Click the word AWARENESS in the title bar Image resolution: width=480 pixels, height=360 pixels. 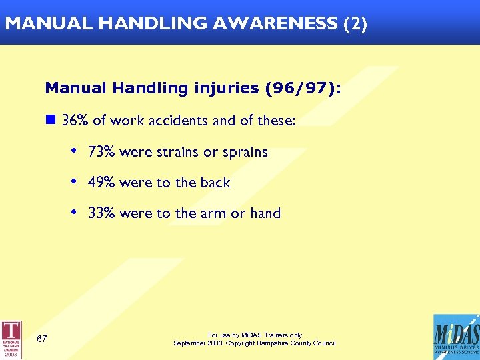(x=275, y=23)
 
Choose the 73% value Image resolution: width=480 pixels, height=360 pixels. (x=102, y=152)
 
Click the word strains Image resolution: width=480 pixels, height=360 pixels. (x=177, y=152)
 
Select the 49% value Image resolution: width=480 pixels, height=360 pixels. (x=102, y=183)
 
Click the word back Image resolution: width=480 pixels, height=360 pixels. (x=215, y=183)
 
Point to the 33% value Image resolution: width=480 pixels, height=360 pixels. (x=102, y=214)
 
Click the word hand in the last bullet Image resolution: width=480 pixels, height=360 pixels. (x=265, y=214)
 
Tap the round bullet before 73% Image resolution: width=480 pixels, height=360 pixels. (x=73, y=151)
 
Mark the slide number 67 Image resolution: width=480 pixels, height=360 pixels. (x=42, y=339)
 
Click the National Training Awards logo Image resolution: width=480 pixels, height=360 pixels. (x=11, y=339)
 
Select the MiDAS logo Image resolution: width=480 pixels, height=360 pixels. (x=455, y=337)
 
